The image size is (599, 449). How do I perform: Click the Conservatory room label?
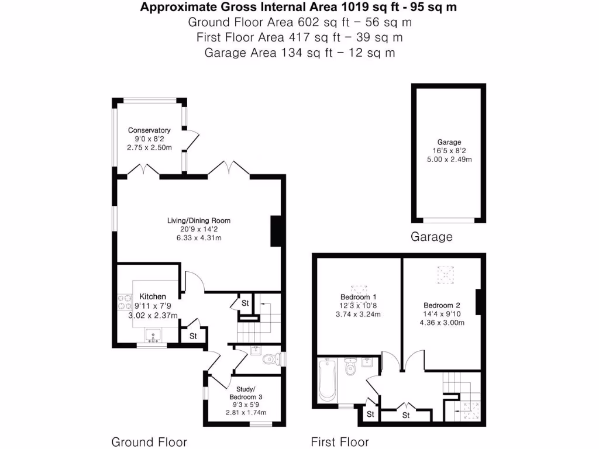[x=149, y=130]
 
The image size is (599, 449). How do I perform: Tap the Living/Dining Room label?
[x=199, y=220]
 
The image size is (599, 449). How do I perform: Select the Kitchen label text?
[x=153, y=296]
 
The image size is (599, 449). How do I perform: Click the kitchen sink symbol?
[x=153, y=335]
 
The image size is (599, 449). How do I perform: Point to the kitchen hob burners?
[x=124, y=302]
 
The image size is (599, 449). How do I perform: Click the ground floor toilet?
[x=269, y=359]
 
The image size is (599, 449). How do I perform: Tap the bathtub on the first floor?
[x=327, y=379]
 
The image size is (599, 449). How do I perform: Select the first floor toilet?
[x=350, y=367]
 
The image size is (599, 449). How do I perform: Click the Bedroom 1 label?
[x=359, y=296]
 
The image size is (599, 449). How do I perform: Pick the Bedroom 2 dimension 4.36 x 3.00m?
[x=442, y=323]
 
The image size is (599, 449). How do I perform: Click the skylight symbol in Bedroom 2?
[x=445, y=275]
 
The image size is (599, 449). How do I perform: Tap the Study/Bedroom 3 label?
[x=246, y=393]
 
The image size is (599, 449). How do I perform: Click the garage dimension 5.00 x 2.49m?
[x=449, y=159]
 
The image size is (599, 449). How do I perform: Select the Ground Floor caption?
[x=149, y=442]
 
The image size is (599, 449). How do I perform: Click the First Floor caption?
[x=340, y=442]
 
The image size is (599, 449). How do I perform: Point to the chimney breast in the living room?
[x=276, y=232]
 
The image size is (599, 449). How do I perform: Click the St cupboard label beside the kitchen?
[x=193, y=336]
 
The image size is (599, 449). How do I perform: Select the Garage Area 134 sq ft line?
[x=299, y=52]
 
